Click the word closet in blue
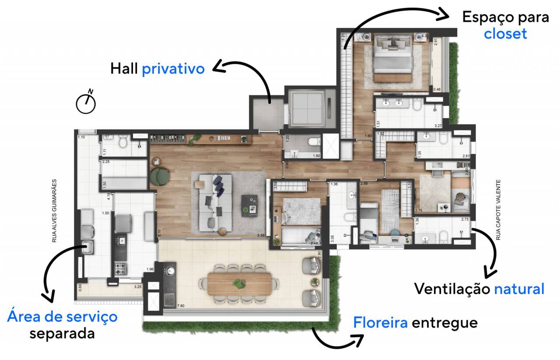point(505,34)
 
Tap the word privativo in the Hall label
point(173,69)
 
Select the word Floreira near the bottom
point(380,323)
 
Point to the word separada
point(62,333)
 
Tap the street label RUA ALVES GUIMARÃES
point(55,210)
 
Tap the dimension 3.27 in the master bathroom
point(438,126)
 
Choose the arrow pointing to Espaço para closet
point(394,22)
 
